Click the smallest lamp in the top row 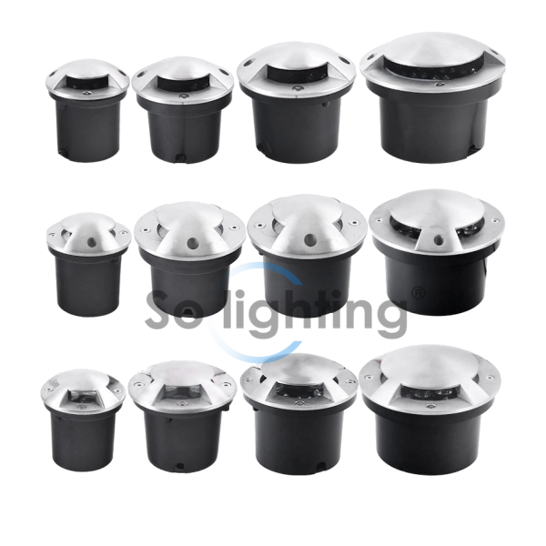87,111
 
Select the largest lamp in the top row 434,97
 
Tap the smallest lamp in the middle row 88,265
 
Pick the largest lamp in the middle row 437,252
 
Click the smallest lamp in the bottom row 83,420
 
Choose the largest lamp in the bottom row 430,409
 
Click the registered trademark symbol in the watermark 418,294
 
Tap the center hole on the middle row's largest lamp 440,239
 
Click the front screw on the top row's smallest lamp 87,93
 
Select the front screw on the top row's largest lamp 441,85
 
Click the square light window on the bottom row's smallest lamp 82,397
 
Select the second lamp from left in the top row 183,110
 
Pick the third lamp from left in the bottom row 298,414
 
